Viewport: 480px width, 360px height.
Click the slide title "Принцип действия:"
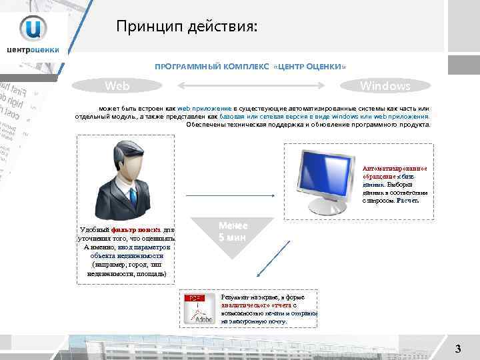coord(185,26)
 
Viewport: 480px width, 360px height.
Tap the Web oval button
coord(117,86)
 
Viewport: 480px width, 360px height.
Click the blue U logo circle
coord(33,28)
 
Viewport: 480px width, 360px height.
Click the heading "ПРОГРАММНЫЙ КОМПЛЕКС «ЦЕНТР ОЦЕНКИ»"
coord(250,67)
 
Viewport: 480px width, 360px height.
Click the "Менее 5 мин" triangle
coord(230,230)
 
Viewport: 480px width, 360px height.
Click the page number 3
coord(457,348)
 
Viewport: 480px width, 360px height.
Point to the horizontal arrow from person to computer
coord(231,195)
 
